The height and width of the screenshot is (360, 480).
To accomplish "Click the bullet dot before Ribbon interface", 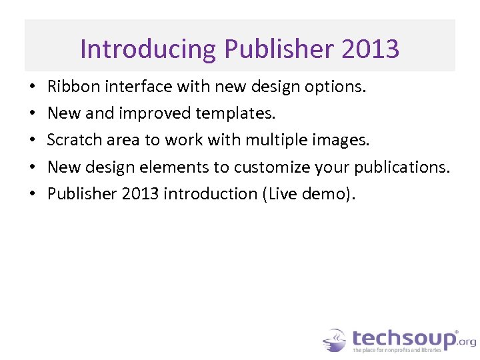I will click(x=32, y=87).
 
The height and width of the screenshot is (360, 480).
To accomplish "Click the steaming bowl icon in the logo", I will click(x=334, y=340).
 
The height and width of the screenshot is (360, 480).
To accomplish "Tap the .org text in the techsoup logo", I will click(x=467, y=341).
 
